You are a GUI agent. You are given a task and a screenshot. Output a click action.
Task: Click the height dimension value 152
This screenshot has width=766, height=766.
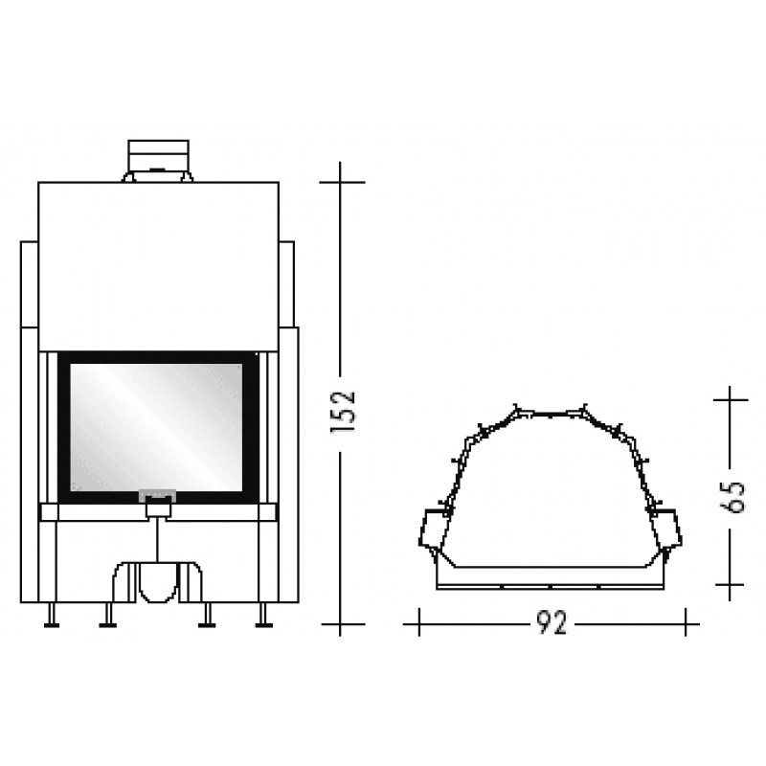[x=343, y=412]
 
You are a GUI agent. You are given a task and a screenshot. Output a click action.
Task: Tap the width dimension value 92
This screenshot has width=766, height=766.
[x=552, y=623]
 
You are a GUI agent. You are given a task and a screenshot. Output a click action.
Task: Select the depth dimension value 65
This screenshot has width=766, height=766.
[x=732, y=497]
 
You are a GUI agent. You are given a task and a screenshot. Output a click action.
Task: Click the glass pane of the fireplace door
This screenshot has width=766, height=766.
[x=156, y=427]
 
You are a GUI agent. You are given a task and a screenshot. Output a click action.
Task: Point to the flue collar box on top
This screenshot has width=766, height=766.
[x=158, y=155]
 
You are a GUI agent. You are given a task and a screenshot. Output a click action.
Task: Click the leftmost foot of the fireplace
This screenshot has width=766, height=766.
[x=52, y=615]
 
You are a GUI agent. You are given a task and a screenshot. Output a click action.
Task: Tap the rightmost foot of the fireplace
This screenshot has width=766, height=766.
[x=264, y=615]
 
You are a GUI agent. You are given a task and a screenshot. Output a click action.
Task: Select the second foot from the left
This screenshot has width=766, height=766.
[x=108, y=615]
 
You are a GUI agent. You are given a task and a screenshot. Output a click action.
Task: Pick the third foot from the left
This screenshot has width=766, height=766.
[x=207, y=615]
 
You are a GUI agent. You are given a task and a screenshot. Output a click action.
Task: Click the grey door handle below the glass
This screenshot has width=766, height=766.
[x=158, y=496]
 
